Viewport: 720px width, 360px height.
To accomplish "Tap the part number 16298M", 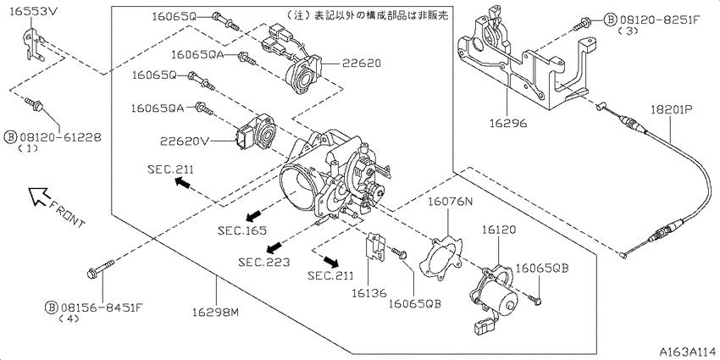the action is pos(216,313).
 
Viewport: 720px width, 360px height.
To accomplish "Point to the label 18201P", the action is pos(672,109).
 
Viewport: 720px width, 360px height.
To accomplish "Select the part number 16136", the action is pos(370,293).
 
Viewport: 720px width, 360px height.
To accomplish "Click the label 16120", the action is pos(499,229).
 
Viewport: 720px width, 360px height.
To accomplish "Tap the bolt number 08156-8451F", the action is pos(98,307).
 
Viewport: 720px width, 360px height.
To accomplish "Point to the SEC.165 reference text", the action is pos(243,230).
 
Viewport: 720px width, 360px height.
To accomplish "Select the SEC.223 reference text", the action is pos(264,263).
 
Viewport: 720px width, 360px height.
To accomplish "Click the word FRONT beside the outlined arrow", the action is pos(67,213).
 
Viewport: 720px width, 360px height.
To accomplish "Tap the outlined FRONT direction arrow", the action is pos(39,196).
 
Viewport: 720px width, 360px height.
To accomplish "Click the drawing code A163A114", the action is pos(689,352).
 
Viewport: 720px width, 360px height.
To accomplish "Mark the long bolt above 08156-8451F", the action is pos(100,269).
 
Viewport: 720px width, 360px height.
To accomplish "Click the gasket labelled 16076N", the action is pos(440,259).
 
